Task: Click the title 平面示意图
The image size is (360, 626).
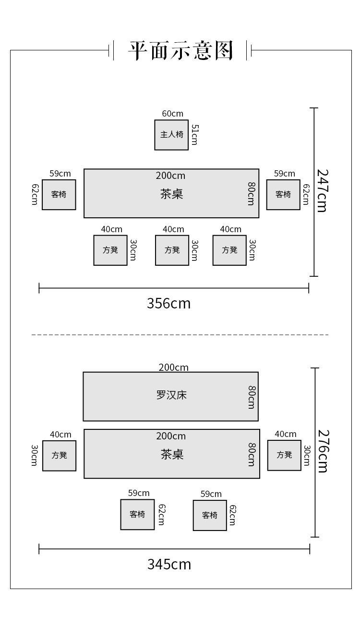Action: tap(180, 50)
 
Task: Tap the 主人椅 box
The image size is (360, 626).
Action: tap(171, 135)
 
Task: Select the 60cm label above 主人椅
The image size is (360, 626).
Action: tap(172, 114)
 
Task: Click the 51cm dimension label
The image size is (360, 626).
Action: tap(194, 135)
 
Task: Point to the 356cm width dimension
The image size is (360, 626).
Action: tap(168, 303)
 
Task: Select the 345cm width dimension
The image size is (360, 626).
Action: tap(169, 564)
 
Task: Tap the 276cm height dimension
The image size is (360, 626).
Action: tap(323, 450)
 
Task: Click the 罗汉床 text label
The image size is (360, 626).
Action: tap(171, 395)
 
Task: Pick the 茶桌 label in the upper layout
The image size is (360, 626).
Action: tap(171, 194)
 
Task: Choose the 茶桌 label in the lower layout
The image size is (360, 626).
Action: tap(172, 454)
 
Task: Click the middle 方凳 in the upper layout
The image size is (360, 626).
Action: tap(172, 250)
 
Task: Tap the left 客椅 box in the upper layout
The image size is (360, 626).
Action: tap(59, 195)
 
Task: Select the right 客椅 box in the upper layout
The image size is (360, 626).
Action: tap(283, 195)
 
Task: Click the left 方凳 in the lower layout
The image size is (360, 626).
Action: tap(60, 455)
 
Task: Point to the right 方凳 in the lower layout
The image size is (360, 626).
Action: tap(284, 455)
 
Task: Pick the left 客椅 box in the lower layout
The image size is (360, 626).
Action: tap(137, 514)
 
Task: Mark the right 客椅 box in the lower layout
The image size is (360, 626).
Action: tap(210, 515)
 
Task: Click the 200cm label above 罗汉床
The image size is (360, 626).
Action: tap(174, 367)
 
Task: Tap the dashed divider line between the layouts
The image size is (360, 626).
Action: tap(180, 335)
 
